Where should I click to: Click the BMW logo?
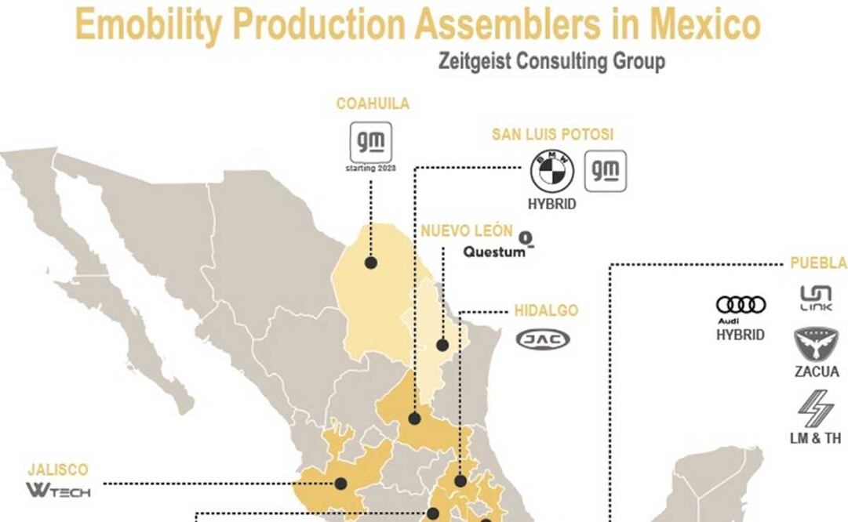pos(552,171)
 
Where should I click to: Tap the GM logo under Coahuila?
pos(371,142)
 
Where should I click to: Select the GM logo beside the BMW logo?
pos(606,171)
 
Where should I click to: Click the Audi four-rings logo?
pos(741,304)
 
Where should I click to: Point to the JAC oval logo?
pos(543,339)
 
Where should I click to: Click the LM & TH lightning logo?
pos(816,408)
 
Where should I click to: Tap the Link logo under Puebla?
pos(816,298)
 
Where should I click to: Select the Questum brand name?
pos(494,252)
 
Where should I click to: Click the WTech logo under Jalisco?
pos(59,491)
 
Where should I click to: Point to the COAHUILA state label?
pos(373,103)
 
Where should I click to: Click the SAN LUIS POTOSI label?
pos(552,134)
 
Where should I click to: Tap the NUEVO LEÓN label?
pos(466,231)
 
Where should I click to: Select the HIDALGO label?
pos(546,310)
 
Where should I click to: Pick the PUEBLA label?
pos(818,263)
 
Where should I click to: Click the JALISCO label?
pos(58,469)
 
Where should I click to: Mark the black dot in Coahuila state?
pos(370,263)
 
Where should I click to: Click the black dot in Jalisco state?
pos(341,484)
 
